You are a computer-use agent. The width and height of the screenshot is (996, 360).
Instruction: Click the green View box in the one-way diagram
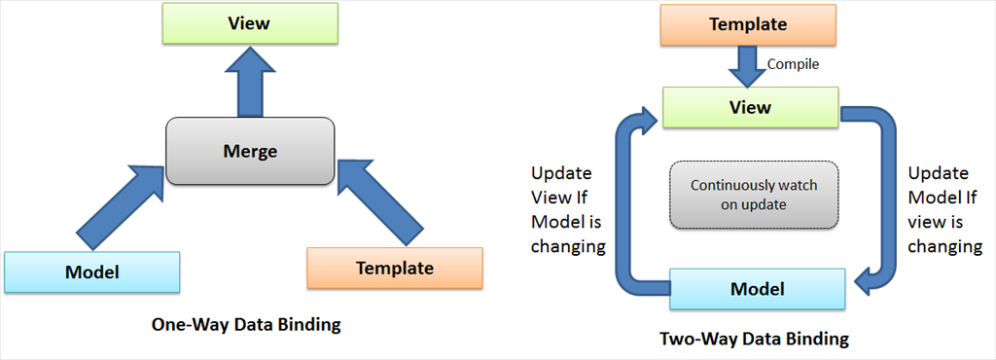pyautogui.click(x=248, y=24)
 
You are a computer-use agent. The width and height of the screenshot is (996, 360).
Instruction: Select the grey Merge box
pyautogui.click(x=250, y=151)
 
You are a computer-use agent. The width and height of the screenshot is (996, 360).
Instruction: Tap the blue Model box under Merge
pyautogui.click(x=91, y=272)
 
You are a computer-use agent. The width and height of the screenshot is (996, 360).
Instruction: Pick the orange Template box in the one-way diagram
pyautogui.click(x=395, y=268)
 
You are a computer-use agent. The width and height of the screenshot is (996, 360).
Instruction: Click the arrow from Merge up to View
pyautogui.click(x=249, y=83)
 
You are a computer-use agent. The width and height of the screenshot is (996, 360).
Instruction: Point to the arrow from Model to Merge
pyautogui.click(x=119, y=206)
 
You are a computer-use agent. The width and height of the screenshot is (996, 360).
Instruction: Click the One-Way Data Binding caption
pyautogui.click(x=246, y=325)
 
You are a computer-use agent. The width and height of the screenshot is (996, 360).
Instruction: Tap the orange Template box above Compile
pyautogui.click(x=748, y=24)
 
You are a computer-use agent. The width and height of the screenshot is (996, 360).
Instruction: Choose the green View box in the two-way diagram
pyautogui.click(x=750, y=107)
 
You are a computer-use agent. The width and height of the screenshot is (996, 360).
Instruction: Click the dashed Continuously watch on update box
pyautogui.click(x=754, y=195)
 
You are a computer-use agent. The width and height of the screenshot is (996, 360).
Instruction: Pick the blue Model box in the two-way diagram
pyautogui.click(x=757, y=289)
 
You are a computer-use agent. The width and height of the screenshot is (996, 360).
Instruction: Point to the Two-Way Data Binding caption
pyautogui.click(x=754, y=339)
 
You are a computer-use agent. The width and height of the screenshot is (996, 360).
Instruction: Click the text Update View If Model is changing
pyautogui.click(x=567, y=210)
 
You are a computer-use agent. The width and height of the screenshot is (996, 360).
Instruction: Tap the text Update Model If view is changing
pyautogui.click(x=944, y=210)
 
